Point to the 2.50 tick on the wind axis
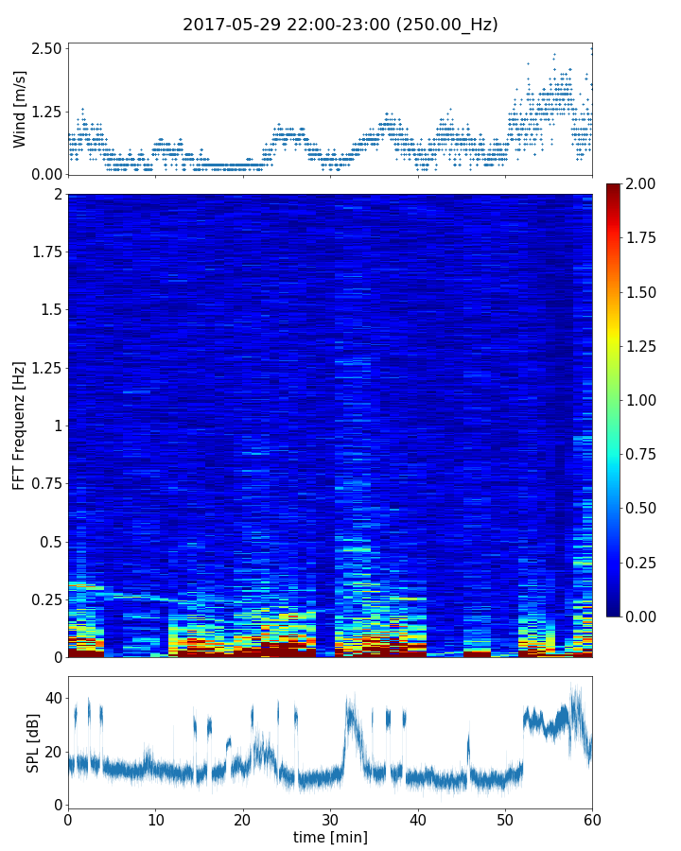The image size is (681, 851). (47, 48)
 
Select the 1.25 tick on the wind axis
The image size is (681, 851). (47, 112)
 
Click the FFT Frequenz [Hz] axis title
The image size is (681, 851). (20, 425)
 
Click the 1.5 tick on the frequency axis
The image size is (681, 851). (51, 310)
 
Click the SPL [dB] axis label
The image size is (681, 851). (33, 742)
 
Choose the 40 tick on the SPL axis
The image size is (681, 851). (53, 698)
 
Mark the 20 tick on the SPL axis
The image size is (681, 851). (53, 752)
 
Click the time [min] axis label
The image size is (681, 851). (330, 837)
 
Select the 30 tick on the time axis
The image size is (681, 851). (330, 819)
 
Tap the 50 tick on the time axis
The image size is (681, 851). (505, 819)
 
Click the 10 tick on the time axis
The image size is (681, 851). (155, 819)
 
